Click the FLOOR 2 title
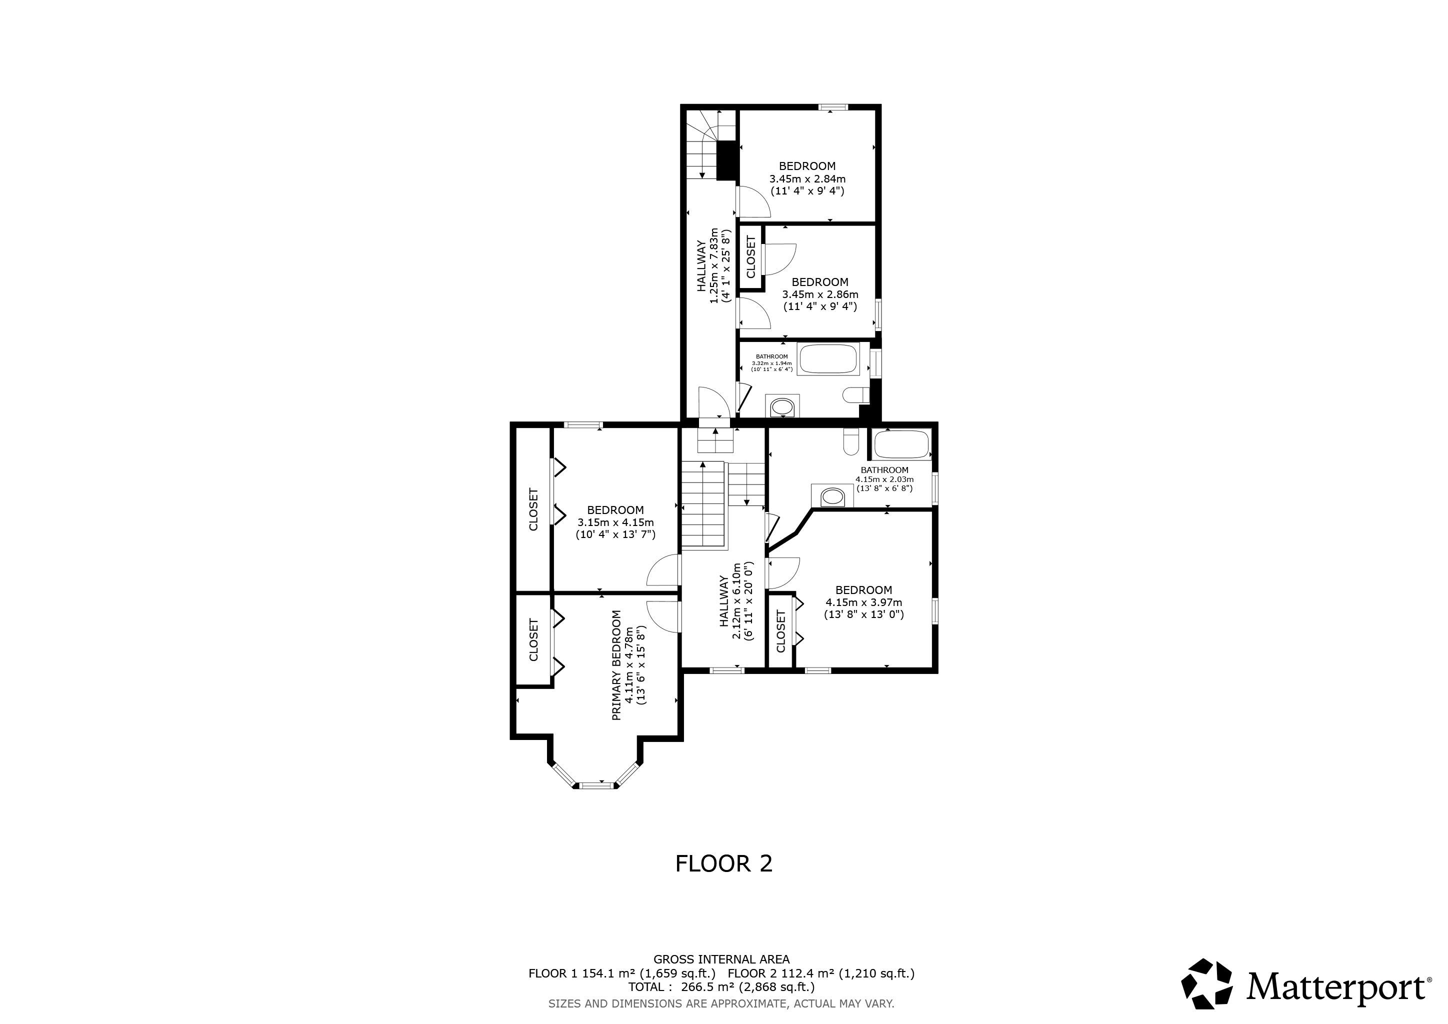723,863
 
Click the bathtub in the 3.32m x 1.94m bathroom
828,359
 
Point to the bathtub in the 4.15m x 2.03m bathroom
902,444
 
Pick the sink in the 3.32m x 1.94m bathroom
782,406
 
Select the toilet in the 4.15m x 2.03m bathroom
851,441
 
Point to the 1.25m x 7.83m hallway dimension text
714,265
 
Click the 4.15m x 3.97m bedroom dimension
863,602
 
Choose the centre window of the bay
596,785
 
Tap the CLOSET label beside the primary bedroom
533,640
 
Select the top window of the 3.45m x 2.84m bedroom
833,107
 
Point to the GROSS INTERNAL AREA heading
721,959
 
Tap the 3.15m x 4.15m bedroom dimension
615,522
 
